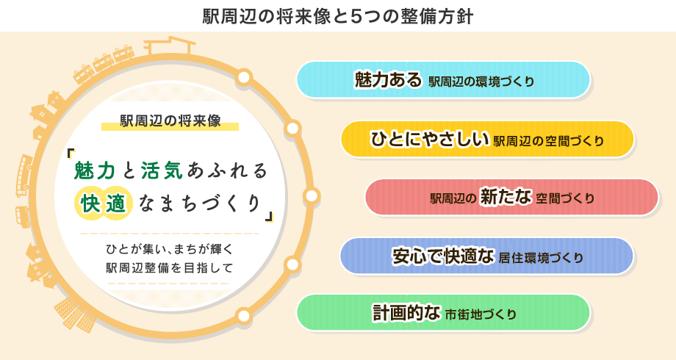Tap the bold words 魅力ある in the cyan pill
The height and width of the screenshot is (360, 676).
(x=388, y=79)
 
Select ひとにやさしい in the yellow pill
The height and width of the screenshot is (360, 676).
(x=430, y=139)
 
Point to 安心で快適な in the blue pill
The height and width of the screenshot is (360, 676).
(x=443, y=256)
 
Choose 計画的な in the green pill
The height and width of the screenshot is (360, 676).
(x=406, y=312)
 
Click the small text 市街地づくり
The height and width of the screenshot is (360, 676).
(x=481, y=314)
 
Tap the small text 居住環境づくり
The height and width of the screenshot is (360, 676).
(x=541, y=258)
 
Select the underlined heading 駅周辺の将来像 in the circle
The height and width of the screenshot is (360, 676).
(x=170, y=120)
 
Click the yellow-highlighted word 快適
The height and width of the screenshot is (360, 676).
(x=103, y=204)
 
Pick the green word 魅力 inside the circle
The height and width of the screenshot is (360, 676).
(x=95, y=170)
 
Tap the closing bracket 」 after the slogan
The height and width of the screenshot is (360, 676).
(x=269, y=217)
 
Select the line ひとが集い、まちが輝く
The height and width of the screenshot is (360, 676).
(x=170, y=249)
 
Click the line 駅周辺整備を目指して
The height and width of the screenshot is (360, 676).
(x=170, y=267)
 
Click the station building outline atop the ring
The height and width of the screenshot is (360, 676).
(x=169, y=46)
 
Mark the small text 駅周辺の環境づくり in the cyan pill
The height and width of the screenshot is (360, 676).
(x=481, y=82)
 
